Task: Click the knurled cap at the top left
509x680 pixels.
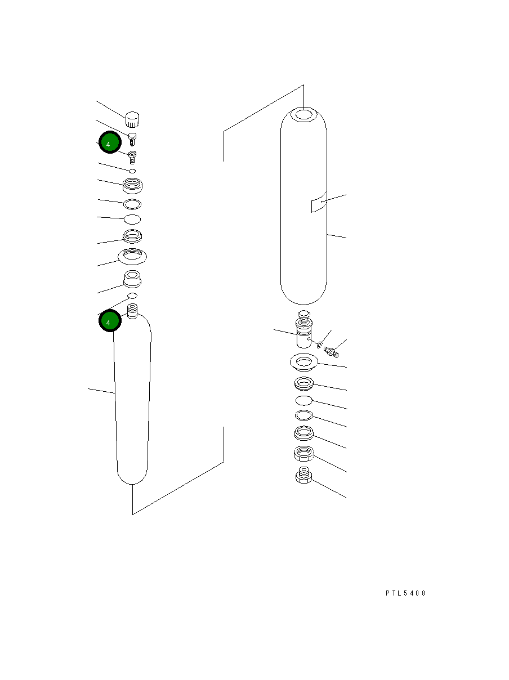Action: pos(132,119)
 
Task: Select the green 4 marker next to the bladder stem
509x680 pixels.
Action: pos(110,321)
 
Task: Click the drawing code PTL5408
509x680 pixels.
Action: pos(405,593)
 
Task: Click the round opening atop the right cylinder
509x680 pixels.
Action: pos(304,115)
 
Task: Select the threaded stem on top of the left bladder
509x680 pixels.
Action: pos(133,311)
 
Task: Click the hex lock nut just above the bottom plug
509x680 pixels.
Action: pos(303,453)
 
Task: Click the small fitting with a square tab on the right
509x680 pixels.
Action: pos(331,352)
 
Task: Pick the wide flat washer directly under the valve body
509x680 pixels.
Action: pos(303,362)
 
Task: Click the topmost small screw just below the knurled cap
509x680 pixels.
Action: pos(132,138)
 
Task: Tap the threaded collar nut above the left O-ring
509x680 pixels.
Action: pos(132,184)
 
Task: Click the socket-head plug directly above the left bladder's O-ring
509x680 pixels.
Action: pos(132,278)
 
